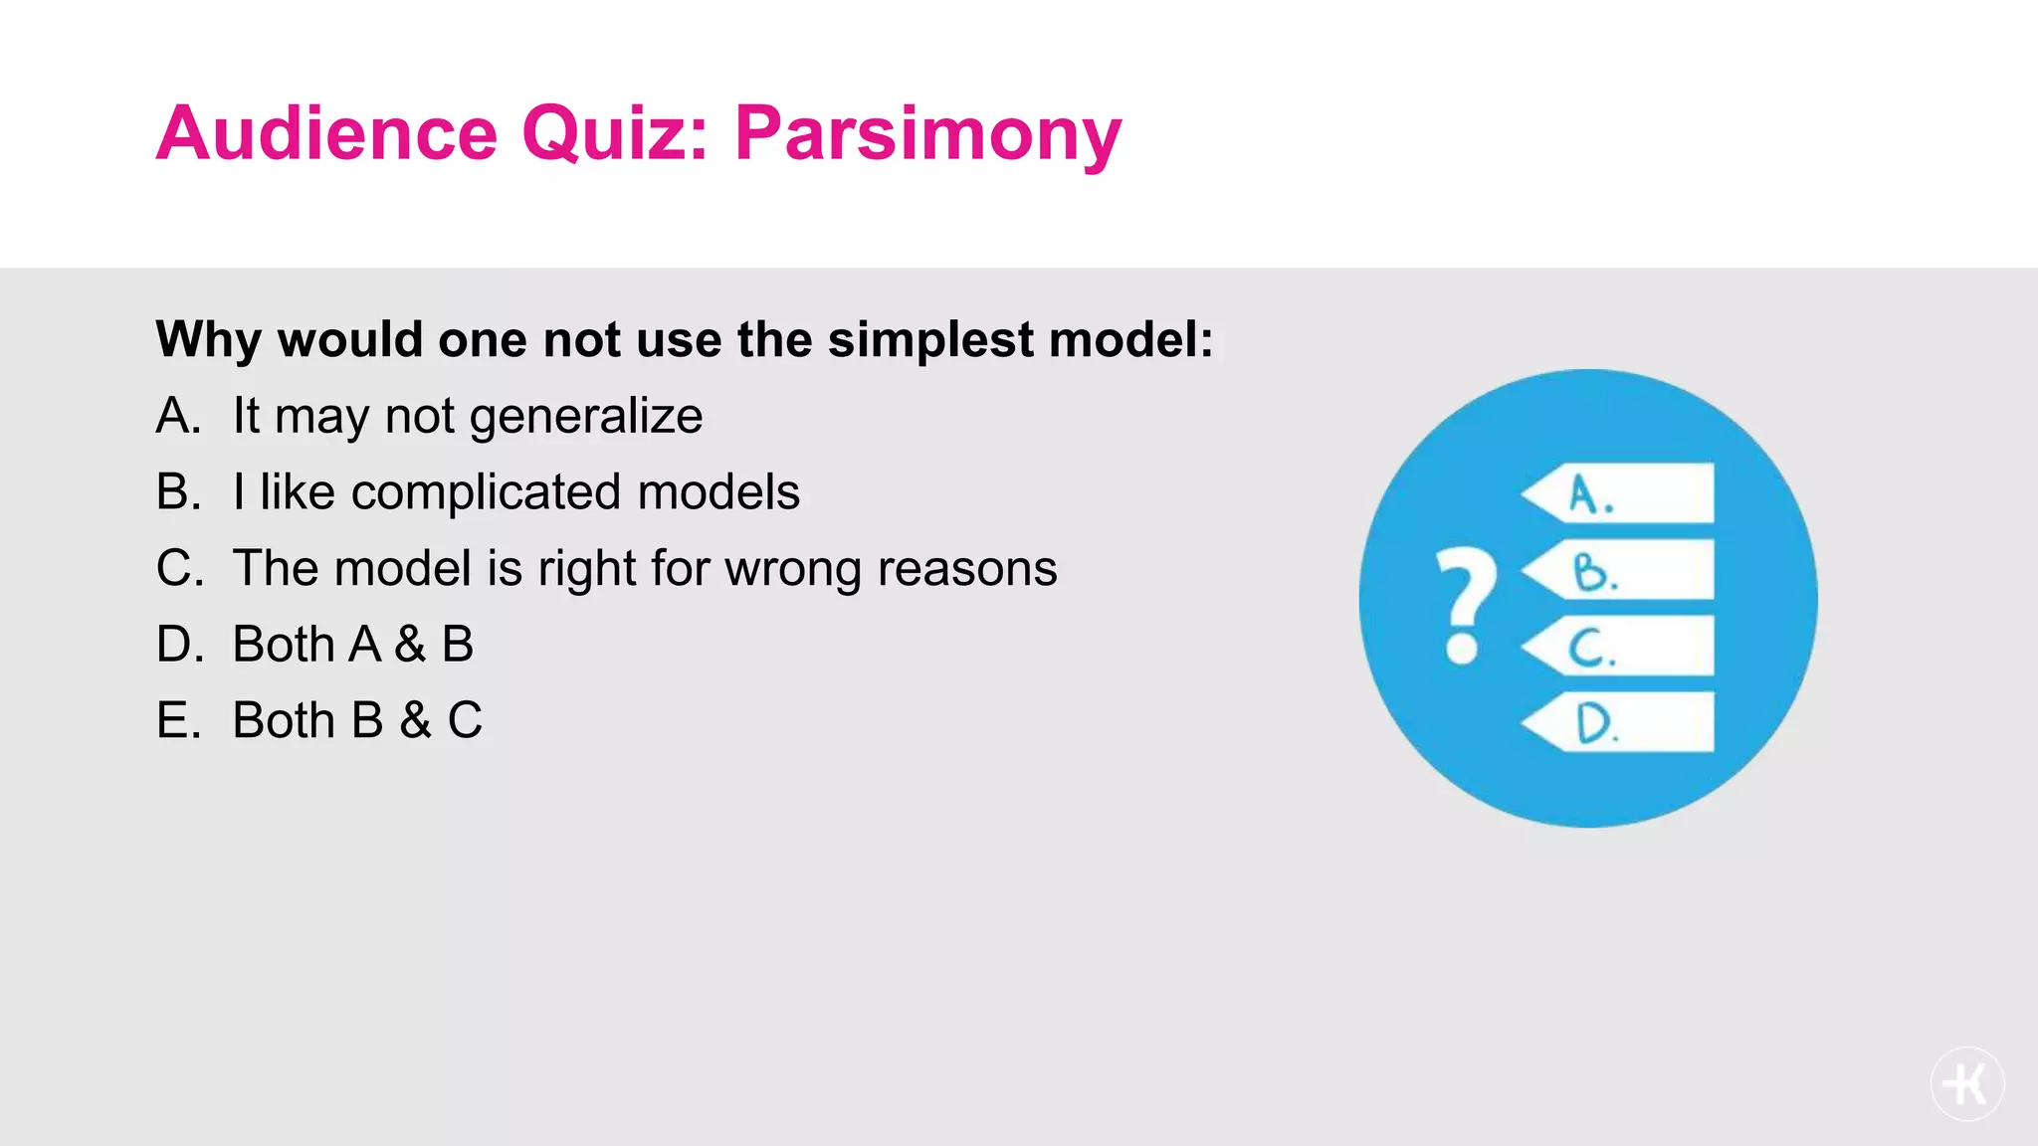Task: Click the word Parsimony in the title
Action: click(927, 134)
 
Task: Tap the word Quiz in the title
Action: click(614, 134)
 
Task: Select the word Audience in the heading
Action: click(326, 134)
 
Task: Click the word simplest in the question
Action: click(930, 341)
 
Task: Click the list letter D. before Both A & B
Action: click(180, 645)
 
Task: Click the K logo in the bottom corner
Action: click(1966, 1083)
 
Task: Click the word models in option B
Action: click(717, 492)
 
